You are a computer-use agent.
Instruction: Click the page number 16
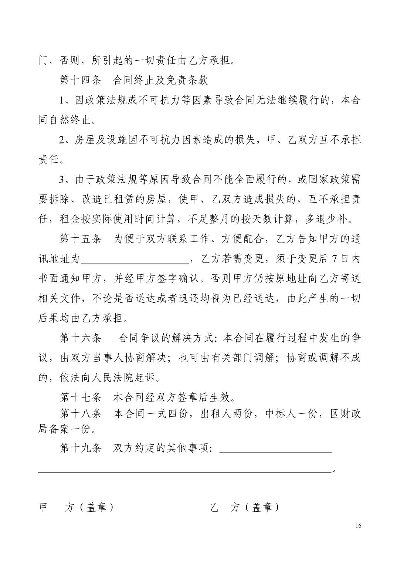pos(357,526)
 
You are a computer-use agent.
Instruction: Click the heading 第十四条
pos(80,80)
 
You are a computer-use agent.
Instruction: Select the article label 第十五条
pos(80,239)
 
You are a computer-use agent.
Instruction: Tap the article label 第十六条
pos(80,338)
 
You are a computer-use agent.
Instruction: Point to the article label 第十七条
pos(80,397)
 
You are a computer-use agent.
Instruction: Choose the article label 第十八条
pos(80,413)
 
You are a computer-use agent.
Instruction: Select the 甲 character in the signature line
pos(43,508)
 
